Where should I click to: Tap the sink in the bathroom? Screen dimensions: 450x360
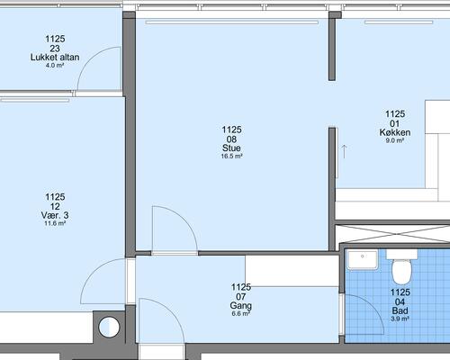coord(363,260)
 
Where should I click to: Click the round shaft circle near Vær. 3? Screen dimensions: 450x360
coord(109,327)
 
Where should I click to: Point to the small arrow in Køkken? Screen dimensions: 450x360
coord(344,151)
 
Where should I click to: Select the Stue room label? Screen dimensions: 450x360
coord(231,148)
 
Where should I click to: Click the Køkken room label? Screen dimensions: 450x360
coord(395,132)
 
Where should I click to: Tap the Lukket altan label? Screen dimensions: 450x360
coord(55,58)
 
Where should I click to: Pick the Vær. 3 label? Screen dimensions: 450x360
coord(55,215)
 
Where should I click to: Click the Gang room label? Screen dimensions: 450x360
coord(241,306)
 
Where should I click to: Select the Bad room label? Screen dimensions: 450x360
coord(400,310)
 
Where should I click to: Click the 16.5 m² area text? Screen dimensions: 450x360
coord(231,157)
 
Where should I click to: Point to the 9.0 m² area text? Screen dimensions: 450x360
coord(395,140)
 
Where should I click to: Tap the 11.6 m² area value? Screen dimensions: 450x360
coord(55,223)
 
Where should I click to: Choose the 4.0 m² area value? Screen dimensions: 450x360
coord(55,66)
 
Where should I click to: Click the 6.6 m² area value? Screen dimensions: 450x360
coord(241,314)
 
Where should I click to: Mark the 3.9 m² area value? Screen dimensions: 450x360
coord(400,319)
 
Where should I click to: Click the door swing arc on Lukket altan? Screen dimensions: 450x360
coord(89,58)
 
